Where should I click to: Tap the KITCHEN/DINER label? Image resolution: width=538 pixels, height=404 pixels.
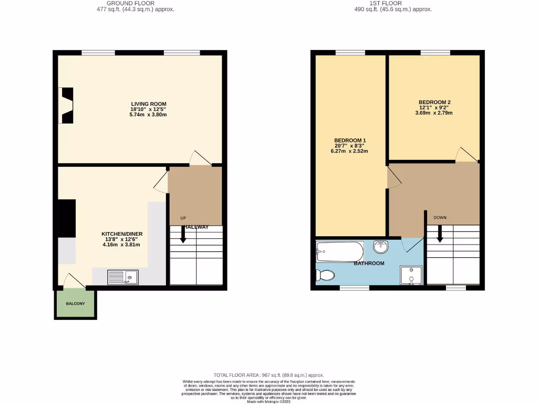(x=122, y=234)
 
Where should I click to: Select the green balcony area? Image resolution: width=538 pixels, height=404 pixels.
(x=76, y=304)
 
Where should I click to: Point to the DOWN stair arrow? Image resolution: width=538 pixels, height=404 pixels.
(x=440, y=233)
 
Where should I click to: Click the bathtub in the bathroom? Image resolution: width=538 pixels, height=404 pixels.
(x=340, y=251)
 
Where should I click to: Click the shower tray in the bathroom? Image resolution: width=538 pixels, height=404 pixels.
(x=410, y=275)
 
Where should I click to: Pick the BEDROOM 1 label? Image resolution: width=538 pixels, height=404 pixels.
(x=350, y=140)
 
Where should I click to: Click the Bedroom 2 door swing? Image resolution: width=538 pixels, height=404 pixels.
(x=465, y=155)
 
